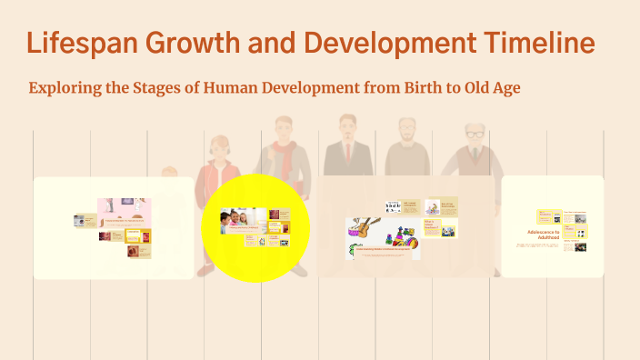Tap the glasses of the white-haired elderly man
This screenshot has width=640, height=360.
point(475,135)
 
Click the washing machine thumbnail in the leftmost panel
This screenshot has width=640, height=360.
point(80,220)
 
